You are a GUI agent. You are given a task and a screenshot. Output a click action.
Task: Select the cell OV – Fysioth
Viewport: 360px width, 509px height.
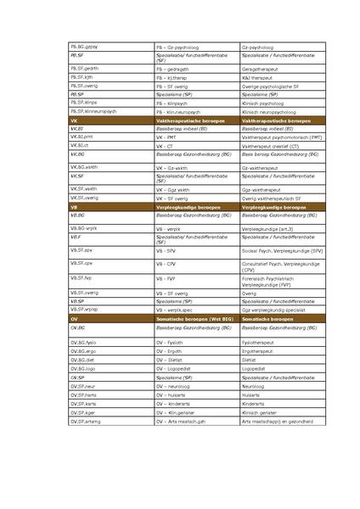tap(170, 342)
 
